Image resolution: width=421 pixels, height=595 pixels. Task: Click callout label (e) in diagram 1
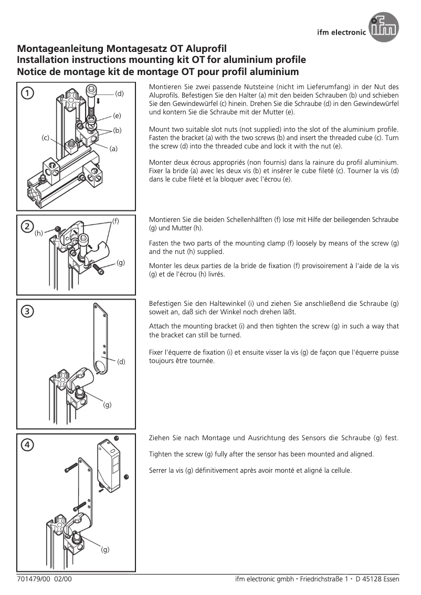(117, 115)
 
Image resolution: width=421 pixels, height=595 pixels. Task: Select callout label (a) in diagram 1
(113, 148)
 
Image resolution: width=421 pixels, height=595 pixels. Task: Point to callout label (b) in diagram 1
(117, 130)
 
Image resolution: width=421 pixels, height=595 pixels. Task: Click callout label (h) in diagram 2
(39, 233)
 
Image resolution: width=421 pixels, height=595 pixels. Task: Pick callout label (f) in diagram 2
(115, 221)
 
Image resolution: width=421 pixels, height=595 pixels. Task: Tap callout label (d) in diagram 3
(121, 362)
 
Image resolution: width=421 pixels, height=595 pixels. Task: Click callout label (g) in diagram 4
(105, 549)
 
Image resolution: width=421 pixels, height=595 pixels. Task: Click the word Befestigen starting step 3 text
(167, 304)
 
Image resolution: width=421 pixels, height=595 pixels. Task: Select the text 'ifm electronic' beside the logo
(342, 32)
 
